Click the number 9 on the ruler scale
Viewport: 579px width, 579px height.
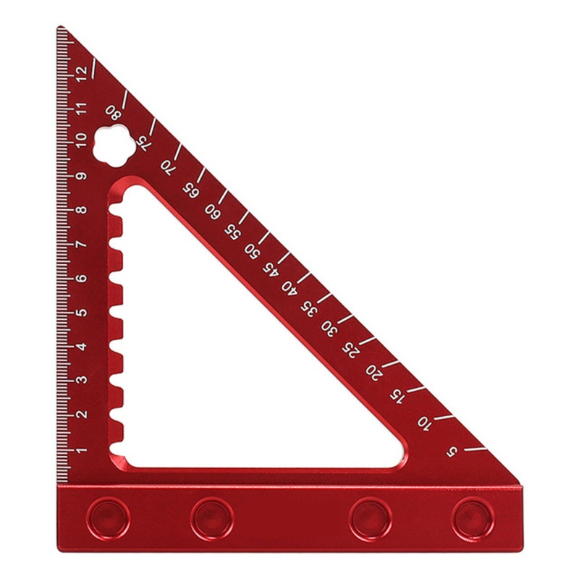[82, 176]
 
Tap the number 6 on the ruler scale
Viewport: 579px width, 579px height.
[82, 279]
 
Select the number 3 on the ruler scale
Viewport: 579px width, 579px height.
[82, 380]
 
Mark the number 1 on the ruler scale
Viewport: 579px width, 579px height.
[82, 449]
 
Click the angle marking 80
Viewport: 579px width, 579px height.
[113, 113]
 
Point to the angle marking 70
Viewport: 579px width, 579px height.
[168, 168]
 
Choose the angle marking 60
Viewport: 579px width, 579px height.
[212, 211]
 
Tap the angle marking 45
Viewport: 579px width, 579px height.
[271, 269]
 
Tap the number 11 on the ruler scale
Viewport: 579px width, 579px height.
[82, 108]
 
